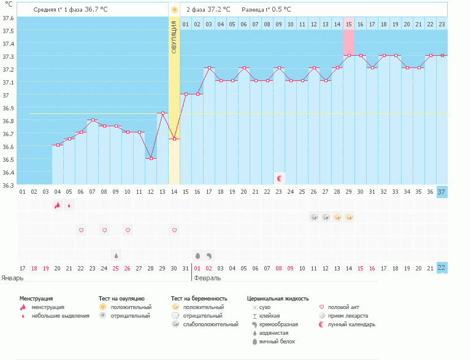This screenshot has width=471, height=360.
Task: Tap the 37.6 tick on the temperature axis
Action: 8,17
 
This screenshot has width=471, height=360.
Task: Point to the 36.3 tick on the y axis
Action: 8,185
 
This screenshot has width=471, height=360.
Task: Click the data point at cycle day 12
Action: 151,158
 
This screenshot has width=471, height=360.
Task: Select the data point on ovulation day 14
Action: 174,139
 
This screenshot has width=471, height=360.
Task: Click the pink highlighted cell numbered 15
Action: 348,25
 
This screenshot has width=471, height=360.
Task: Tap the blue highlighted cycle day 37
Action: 442,191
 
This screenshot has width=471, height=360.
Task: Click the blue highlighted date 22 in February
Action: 442,268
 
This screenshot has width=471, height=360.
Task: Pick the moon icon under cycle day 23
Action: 279,178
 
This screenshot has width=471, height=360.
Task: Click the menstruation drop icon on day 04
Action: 57,205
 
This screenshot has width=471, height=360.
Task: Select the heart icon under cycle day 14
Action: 174,230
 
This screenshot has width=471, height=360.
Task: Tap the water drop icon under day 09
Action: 116,255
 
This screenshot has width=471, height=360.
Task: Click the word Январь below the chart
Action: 12,277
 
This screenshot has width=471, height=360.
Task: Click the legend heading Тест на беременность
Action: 198,298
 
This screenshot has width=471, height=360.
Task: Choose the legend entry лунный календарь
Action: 351,324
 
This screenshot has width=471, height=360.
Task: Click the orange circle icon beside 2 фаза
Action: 174,10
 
